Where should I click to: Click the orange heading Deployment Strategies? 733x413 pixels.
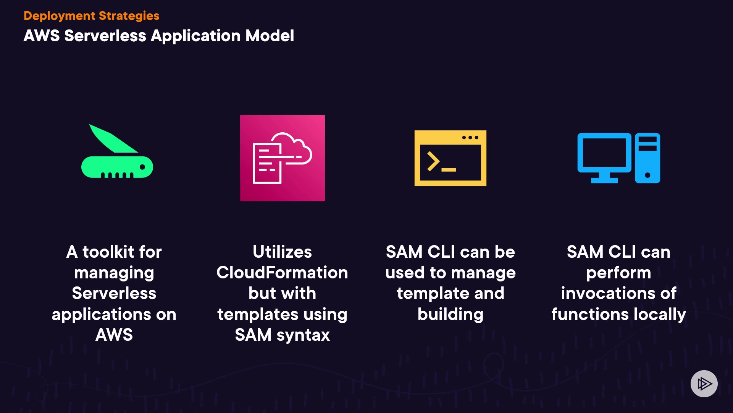[x=91, y=16]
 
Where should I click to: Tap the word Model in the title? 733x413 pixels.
[x=270, y=36]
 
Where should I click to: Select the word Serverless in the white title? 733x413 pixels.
[x=105, y=36]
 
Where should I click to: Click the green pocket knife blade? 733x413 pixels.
[x=112, y=139]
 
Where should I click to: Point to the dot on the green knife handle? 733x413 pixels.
[x=142, y=167]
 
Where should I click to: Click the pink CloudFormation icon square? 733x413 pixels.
[x=283, y=158]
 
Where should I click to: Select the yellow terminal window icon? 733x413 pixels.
[x=450, y=158]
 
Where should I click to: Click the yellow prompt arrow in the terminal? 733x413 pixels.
[x=433, y=161]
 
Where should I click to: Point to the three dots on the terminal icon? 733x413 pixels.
[x=470, y=138]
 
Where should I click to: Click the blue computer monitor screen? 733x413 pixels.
[x=604, y=153]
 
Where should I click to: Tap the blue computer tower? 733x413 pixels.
[x=647, y=158]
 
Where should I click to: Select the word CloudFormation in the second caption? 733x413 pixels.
[x=282, y=273]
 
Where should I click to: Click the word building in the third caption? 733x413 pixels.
[x=450, y=315]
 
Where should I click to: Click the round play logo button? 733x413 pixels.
[x=704, y=384]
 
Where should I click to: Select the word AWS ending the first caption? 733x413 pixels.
[x=114, y=335]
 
